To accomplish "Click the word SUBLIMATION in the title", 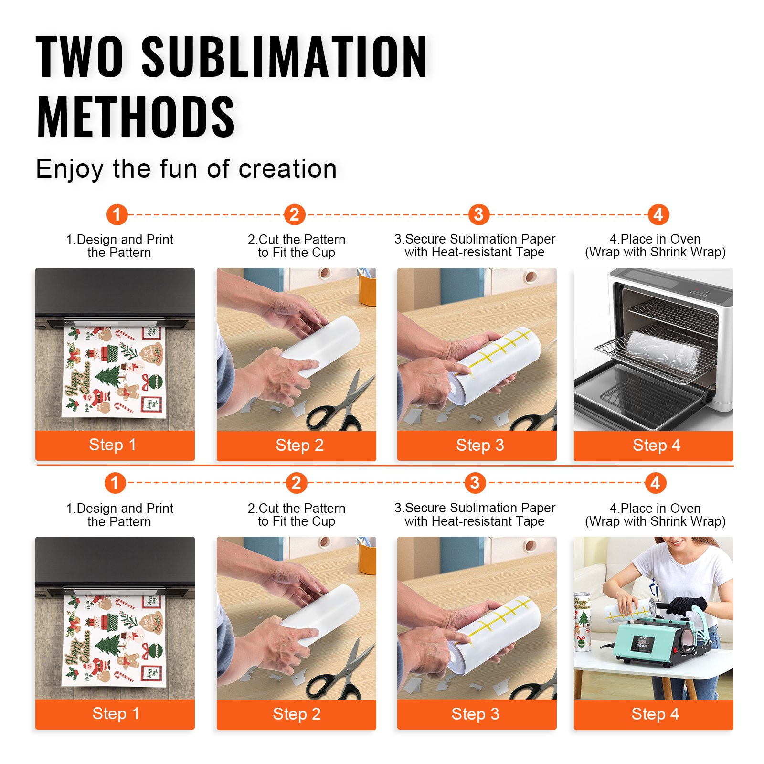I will click(284, 57).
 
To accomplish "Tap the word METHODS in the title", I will click(136, 117).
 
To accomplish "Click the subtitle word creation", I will click(287, 169).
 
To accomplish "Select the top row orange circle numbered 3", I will click(478, 214).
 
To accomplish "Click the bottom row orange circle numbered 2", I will click(296, 483).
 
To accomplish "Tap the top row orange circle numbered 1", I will click(117, 214).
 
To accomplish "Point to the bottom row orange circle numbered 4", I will click(656, 483).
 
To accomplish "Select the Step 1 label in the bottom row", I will click(116, 714).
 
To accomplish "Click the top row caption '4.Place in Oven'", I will click(655, 239).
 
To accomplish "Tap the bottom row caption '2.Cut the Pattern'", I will click(296, 509).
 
